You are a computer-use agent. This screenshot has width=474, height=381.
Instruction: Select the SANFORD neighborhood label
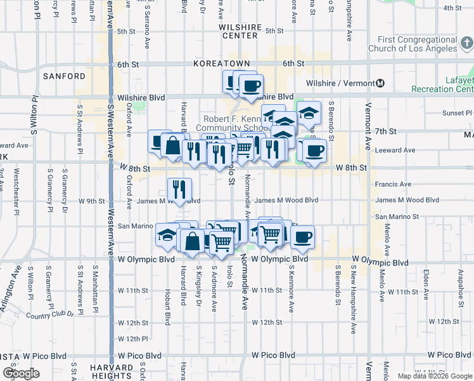[x=64, y=76]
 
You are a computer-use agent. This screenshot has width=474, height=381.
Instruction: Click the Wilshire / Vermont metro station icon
[x=380, y=83]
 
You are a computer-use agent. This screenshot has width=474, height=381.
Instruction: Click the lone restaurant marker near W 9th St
[x=179, y=189]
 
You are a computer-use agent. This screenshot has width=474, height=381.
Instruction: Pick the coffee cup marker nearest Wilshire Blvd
[x=250, y=84]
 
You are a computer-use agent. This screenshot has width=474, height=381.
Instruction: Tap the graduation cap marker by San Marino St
[x=167, y=235]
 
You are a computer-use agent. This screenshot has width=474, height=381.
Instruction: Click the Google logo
[x=21, y=373]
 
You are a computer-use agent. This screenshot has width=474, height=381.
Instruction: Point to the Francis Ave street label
[x=393, y=184]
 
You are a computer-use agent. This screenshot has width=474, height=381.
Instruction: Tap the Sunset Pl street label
[x=453, y=113]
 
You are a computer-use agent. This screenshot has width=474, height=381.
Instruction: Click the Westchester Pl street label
[x=16, y=189]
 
